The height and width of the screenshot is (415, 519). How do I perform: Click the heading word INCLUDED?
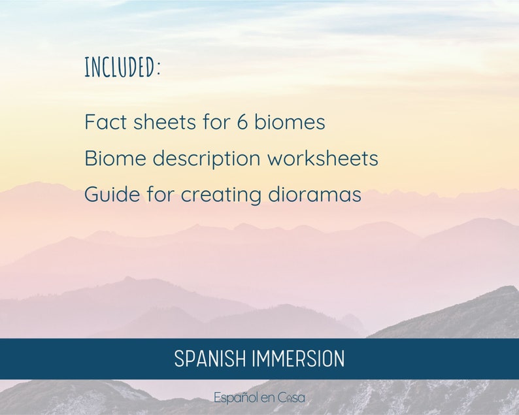tap(120, 67)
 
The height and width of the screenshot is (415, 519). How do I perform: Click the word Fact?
tap(103, 122)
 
